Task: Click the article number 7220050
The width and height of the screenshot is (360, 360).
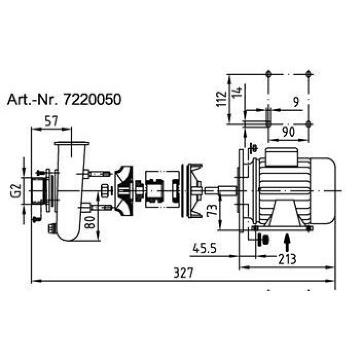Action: click(x=92, y=100)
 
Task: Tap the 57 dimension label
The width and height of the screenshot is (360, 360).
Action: click(x=51, y=121)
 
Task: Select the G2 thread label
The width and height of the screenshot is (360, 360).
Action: click(x=16, y=190)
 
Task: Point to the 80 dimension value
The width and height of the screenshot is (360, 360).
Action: click(x=89, y=222)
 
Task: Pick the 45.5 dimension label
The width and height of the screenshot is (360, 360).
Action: click(x=205, y=248)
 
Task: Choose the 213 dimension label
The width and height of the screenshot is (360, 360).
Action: click(x=287, y=259)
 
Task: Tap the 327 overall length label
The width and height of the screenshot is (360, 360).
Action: click(x=183, y=273)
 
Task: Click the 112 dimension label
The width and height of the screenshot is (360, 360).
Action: click(x=221, y=99)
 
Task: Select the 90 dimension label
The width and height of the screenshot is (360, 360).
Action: click(x=288, y=132)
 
